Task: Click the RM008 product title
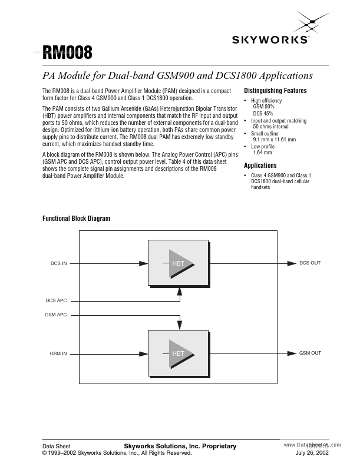[67, 54]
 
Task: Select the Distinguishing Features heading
[275, 91]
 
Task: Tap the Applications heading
[260, 166]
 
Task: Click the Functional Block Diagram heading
[76, 219]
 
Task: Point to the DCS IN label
[58, 263]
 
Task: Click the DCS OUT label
[310, 263]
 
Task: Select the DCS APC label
[57, 300]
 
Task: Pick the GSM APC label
[56, 315]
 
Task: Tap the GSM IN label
[58, 353]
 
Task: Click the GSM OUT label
[310, 353]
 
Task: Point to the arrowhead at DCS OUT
[291, 263]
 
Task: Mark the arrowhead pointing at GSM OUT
[291, 353]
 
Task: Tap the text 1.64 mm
[262, 153]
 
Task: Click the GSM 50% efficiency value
[263, 107]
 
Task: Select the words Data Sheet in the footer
[57, 446]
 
